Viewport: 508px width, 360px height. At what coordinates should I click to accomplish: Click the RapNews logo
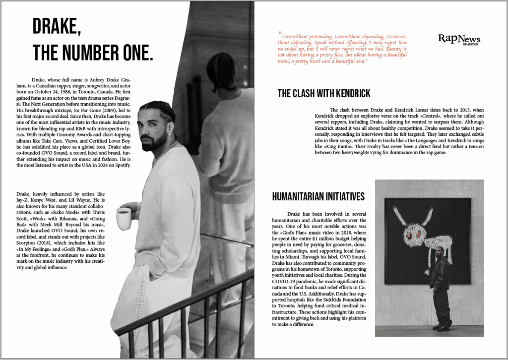[x=459, y=39]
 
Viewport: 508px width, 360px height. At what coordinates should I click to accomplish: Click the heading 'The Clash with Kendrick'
[x=323, y=93]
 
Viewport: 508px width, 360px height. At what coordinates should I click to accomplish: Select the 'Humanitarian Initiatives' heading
[x=318, y=197]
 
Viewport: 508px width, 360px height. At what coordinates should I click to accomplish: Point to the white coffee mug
[x=124, y=218]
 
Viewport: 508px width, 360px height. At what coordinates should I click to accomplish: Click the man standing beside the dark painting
[x=440, y=283]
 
